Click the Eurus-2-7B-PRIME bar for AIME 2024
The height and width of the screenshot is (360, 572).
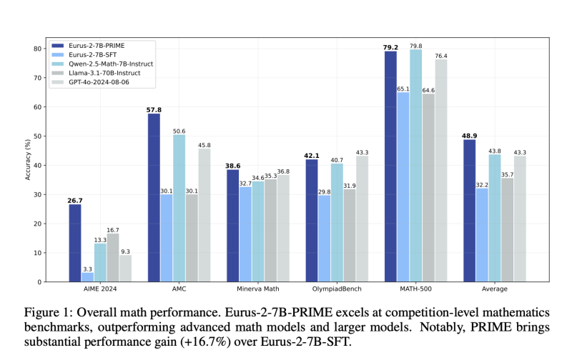pos(75,243)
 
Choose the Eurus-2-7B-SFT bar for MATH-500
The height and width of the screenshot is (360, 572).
pos(403,186)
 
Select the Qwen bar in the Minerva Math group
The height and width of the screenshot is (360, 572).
pos(257,231)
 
